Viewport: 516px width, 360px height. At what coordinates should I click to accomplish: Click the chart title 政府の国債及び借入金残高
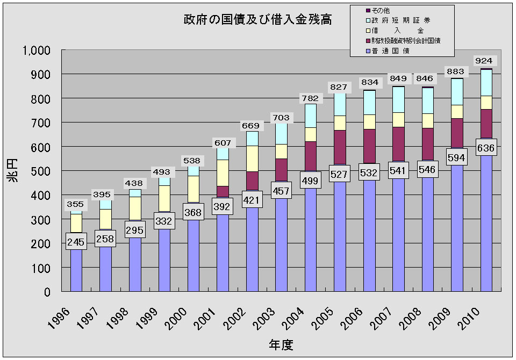point(257,20)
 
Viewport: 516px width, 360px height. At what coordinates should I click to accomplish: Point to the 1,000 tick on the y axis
point(36,50)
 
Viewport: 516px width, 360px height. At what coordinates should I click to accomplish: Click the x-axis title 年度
point(281,344)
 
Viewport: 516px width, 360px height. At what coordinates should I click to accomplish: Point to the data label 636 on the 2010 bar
point(486,148)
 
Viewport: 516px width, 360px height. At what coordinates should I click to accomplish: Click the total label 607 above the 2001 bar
point(223,143)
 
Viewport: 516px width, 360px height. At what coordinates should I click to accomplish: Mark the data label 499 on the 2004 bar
point(310,181)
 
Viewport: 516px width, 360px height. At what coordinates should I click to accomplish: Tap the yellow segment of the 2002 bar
point(252,158)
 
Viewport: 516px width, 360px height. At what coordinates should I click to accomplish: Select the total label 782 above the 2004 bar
point(310,98)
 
